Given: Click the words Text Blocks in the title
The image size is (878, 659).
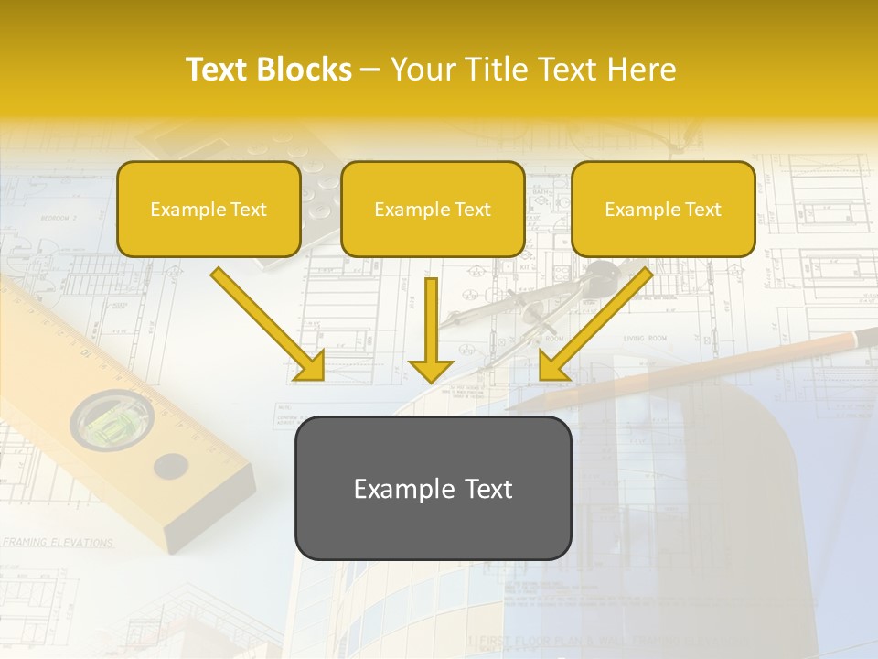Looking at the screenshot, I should tap(268, 70).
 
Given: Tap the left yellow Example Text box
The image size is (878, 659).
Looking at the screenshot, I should tap(209, 209).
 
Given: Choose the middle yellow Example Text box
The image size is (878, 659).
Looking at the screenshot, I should tap(433, 209).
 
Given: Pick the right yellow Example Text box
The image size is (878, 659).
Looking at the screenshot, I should tap(663, 209).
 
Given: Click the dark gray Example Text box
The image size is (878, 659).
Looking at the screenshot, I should tap(433, 488).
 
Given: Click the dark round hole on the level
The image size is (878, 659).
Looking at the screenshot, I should tap(170, 467).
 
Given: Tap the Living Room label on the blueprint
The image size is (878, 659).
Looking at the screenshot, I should tap(645, 339).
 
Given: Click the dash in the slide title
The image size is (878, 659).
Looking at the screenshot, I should tap(370, 70).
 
